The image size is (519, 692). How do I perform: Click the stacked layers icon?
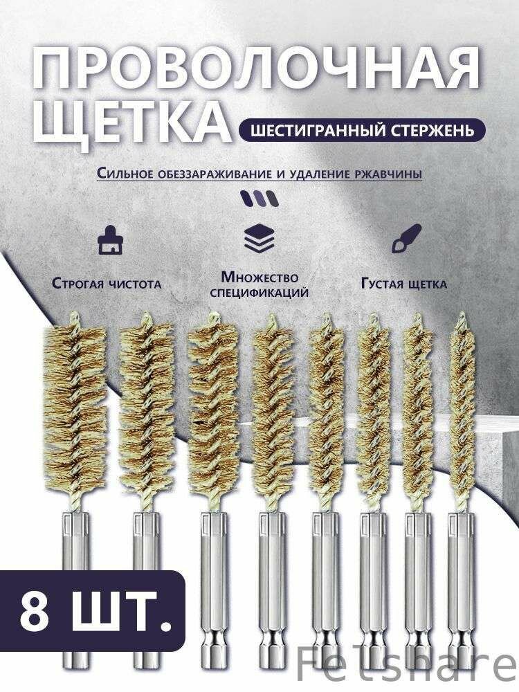(259, 239)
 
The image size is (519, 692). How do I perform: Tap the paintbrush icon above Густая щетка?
(401, 239)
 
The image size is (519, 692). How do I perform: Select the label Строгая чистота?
(107, 283)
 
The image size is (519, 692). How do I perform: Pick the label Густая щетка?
(403, 284)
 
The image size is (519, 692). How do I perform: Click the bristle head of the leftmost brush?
(69, 408)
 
